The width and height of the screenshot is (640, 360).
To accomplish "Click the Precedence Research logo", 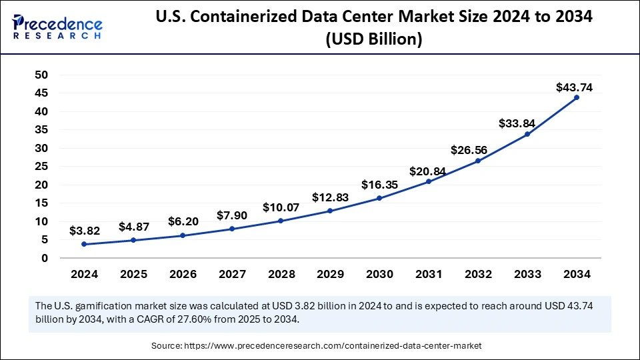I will tap(57, 26).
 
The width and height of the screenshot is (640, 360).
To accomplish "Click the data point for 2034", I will tap(576, 97).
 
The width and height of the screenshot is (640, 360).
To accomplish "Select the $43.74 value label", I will tap(574, 87).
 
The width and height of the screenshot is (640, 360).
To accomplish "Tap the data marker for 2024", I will tap(85, 244).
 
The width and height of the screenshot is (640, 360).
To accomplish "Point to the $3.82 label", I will tap(85, 231).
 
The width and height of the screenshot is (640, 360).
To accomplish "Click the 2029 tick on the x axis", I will tap(330, 274).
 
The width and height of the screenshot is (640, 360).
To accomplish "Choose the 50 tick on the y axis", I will tap(41, 75).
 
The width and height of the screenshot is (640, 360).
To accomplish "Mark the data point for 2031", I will tap(429, 181).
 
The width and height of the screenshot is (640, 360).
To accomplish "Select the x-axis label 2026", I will tap(183, 274).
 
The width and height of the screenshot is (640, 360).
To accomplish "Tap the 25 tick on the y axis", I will tap(41, 166).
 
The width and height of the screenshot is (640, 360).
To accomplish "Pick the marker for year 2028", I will tap(281, 221).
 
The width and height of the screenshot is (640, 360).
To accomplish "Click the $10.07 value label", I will tap(281, 208).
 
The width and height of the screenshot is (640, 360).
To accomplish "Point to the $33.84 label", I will tap(517, 123).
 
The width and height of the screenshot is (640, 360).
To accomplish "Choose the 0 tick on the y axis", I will tap(45, 258).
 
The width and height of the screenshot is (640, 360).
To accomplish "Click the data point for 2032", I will tap(478, 161).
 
